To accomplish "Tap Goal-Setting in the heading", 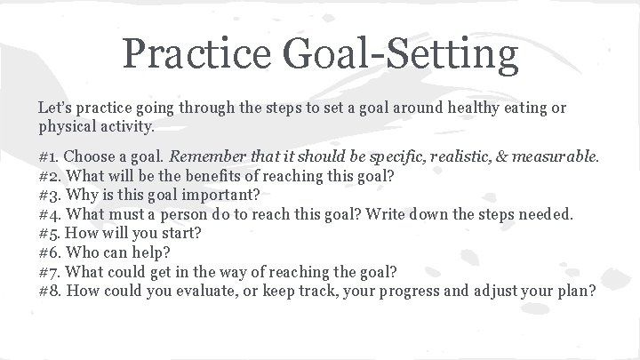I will [403, 55].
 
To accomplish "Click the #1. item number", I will [50, 156].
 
